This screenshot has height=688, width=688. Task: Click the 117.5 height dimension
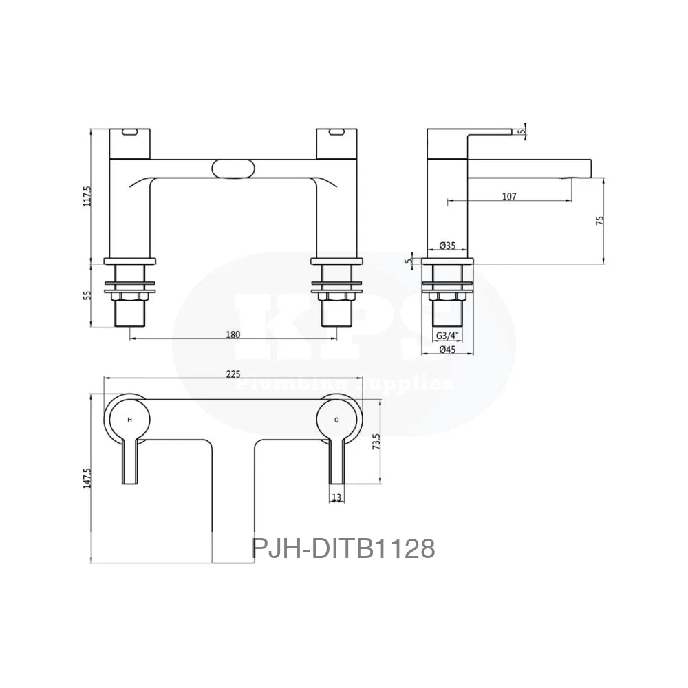tap(87, 195)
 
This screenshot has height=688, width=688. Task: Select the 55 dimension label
tap(87, 295)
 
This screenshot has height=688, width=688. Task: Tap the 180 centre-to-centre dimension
tap(233, 334)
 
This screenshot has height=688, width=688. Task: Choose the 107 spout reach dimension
tap(509, 196)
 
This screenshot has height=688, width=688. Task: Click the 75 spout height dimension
tap(599, 221)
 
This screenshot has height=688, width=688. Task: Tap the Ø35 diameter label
tap(448, 246)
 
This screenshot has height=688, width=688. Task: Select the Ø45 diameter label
tap(448, 350)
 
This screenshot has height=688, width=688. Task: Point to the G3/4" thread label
tap(448, 335)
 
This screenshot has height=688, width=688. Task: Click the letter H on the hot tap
tap(129, 419)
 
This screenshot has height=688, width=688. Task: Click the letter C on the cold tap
tap(336, 419)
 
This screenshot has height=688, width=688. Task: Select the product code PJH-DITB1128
tap(343, 548)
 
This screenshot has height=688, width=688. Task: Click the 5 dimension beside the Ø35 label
tap(409, 261)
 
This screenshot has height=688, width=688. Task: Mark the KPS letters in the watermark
tap(344, 323)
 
